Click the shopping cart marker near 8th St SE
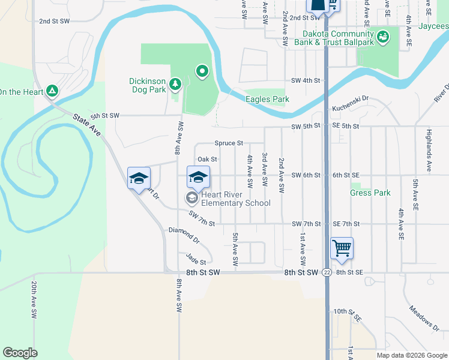click(342, 247)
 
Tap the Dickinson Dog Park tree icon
click(175, 83)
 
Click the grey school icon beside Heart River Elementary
click(191, 198)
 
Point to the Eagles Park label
click(267, 100)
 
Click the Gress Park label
click(370, 193)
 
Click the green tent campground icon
click(53, 91)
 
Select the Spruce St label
click(229, 143)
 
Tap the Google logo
click(20, 353)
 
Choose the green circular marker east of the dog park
click(203, 73)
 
